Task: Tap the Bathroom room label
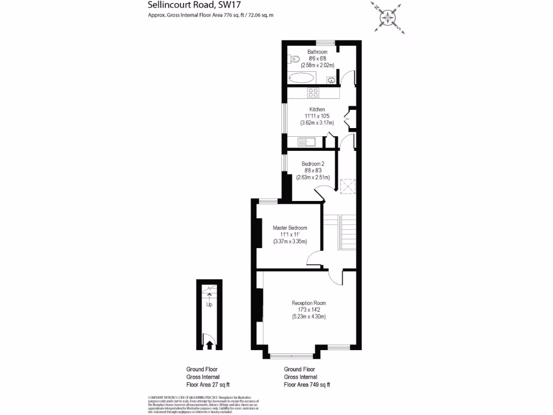click(x=318, y=52)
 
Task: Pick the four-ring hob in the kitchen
click(x=313, y=93)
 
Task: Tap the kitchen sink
click(x=307, y=143)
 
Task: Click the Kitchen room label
click(x=317, y=110)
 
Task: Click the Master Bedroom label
click(x=290, y=228)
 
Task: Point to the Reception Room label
click(x=309, y=303)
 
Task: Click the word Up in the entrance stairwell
click(x=209, y=304)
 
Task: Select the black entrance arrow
click(x=209, y=344)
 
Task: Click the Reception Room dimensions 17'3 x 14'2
click(x=309, y=310)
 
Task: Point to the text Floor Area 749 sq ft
click(x=307, y=385)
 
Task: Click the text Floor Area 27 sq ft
click(x=208, y=385)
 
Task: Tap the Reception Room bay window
click(x=292, y=355)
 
